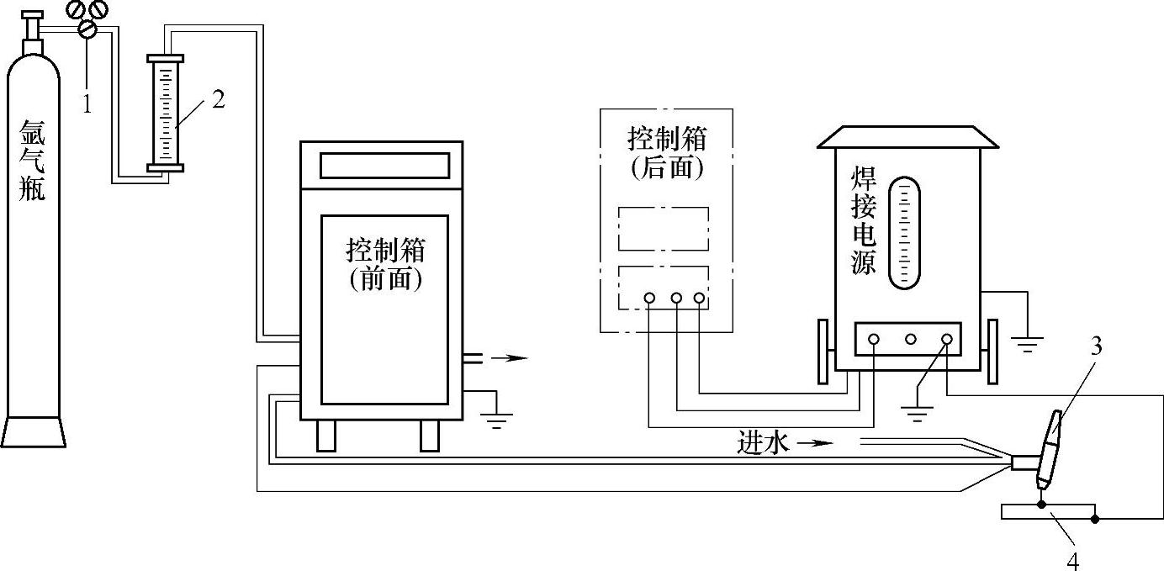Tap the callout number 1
coord(86,103)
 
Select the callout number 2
coord(219,99)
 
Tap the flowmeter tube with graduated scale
coord(164,114)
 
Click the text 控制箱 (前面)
coord(385,264)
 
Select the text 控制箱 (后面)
coord(665,152)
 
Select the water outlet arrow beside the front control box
coord(510,358)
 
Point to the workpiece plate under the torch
coord(1048,512)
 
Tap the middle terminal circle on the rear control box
coord(675,298)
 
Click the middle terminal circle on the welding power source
coord(911,340)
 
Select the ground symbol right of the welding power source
coord(1028,341)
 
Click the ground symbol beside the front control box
coord(496,418)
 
